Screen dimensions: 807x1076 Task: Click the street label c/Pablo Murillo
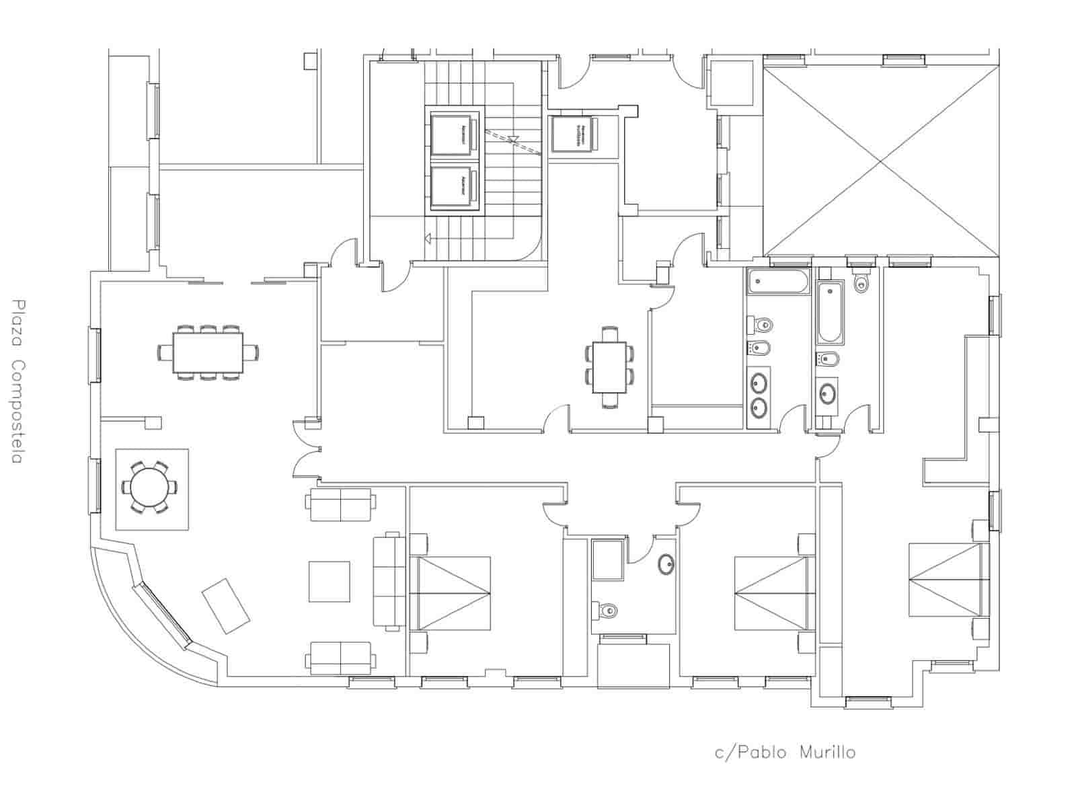point(784,752)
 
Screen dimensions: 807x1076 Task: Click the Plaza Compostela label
point(17,381)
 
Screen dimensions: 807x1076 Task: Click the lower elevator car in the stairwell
point(453,186)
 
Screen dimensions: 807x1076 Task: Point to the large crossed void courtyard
point(880,160)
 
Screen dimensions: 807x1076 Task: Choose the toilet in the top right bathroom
point(861,282)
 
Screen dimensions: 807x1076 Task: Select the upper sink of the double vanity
point(760,383)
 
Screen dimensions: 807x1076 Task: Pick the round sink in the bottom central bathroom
point(665,564)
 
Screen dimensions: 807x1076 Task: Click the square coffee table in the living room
point(329,581)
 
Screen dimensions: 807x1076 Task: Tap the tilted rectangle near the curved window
point(227,605)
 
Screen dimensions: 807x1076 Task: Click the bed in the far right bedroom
point(948,580)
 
